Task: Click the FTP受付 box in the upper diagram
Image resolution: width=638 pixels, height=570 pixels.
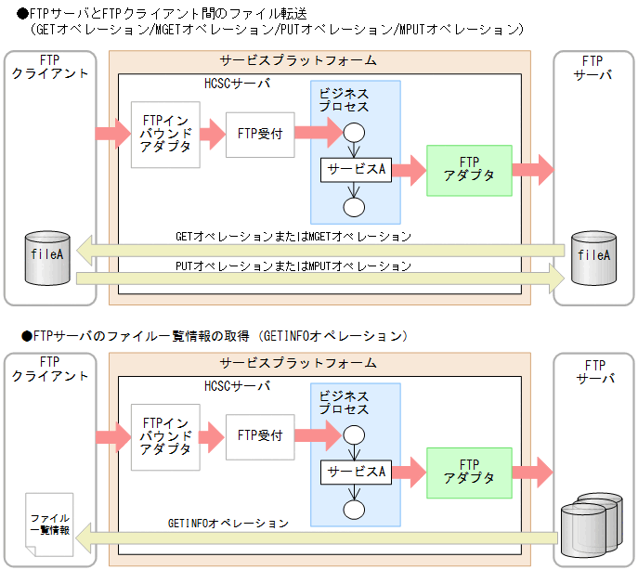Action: tap(260, 133)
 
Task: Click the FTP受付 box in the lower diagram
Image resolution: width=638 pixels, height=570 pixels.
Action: tap(260, 434)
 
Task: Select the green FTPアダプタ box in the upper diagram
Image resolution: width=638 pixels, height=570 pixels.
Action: tap(469, 170)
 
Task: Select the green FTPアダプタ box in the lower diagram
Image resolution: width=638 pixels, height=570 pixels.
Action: tap(469, 473)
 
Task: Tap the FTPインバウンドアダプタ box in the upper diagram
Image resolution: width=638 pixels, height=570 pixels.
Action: tap(166, 135)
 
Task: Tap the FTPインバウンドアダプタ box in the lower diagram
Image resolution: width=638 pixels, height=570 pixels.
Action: tap(166, 436)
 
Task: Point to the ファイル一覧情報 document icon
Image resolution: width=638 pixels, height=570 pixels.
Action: tap(48, 525)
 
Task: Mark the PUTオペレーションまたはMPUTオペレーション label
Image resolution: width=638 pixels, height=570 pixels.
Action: tap(293, 266)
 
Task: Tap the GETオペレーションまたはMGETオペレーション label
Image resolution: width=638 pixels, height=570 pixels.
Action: tap(293, 236)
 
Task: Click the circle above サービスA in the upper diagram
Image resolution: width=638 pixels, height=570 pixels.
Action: tap(354, 133)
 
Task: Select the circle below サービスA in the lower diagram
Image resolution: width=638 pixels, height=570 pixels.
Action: tap(354, 508)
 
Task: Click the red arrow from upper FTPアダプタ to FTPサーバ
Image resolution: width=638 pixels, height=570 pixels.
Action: tap(532, 170)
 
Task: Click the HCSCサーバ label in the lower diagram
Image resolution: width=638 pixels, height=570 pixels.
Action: tap(237, 385)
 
